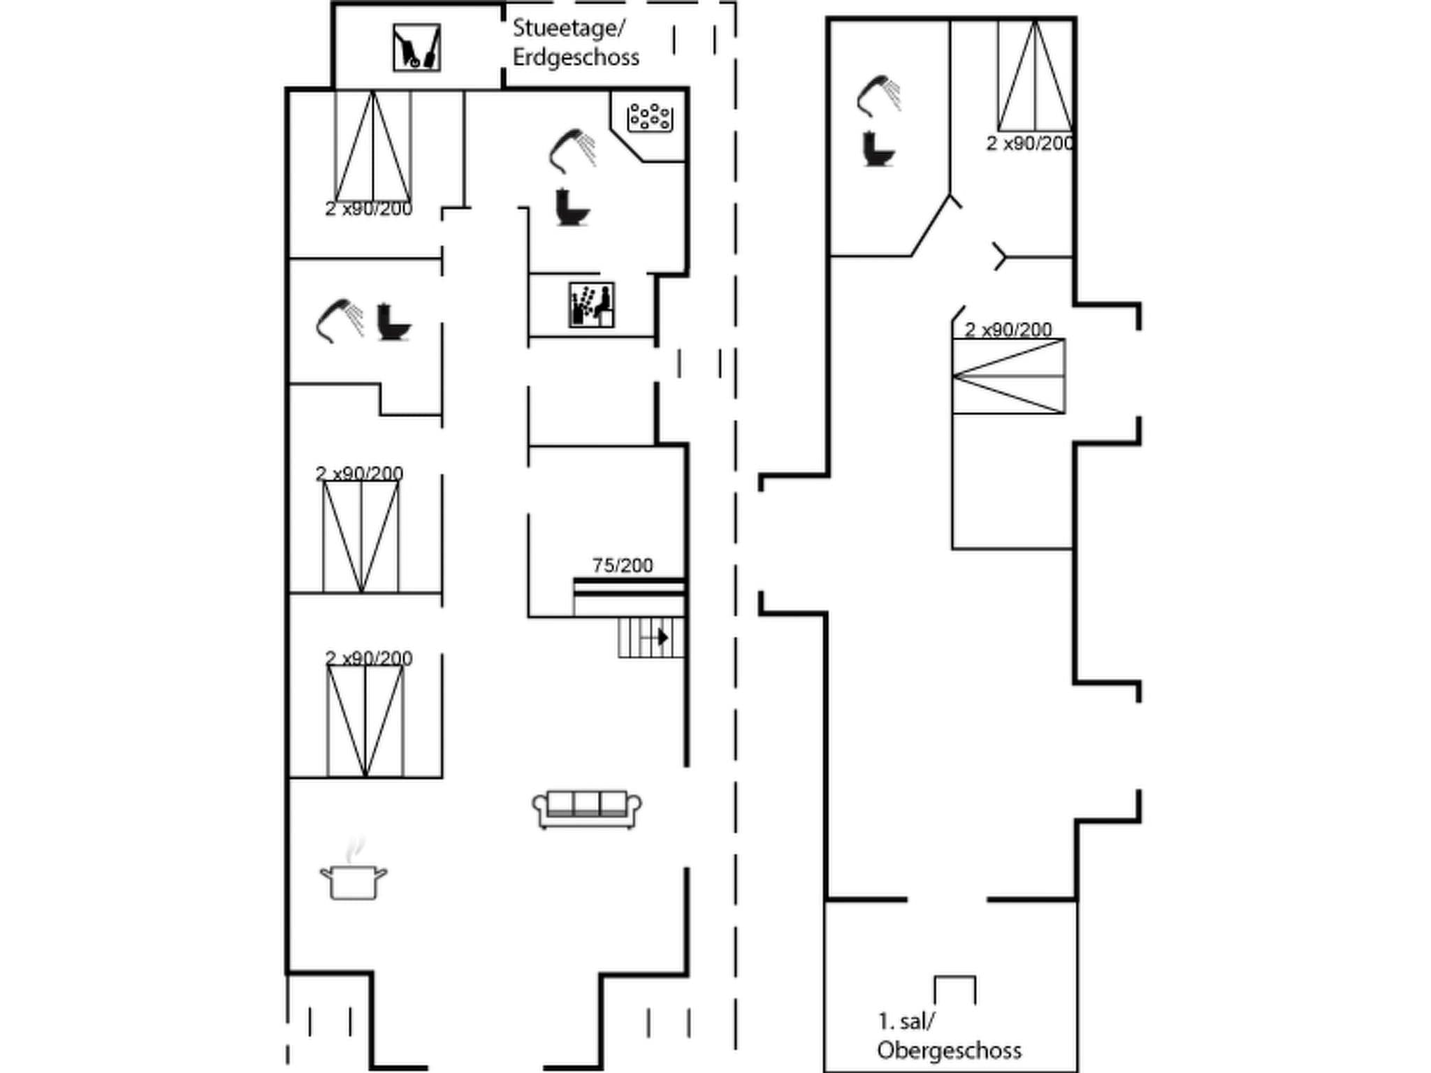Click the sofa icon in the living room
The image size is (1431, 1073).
(x=587, y=809)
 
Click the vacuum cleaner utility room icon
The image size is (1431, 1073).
(x=416, y=48)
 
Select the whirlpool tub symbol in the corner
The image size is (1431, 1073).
(x=650, y=117)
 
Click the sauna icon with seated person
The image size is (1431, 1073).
(x=591, y=305)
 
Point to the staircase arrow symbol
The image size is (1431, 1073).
(x=662, y=637)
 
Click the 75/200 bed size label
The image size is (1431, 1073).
(x=623, y=565)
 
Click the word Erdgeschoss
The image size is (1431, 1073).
(x=576, y=57)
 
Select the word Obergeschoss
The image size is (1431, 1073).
(x=949, y=1050)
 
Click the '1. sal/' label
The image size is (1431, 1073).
(x=906, y=1021)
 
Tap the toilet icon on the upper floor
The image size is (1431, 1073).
(x=878, y=149)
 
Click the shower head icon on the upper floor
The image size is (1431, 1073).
(x=878, y=96)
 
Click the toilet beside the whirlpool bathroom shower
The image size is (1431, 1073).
(x=572, y=207)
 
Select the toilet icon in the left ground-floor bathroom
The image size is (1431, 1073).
(x=393, y=322)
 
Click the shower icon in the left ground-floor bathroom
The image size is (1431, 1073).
(x=340, y=321)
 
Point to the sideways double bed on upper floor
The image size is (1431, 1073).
(x=1009, y=376)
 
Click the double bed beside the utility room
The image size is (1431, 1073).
(x=372, y=147)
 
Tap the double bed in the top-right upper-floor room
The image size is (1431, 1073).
(x=1035, y=76)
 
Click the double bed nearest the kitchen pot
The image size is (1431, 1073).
(x=365, y=720)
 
